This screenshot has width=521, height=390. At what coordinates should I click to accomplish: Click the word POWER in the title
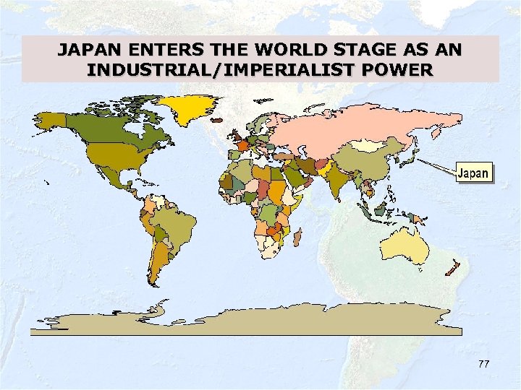click(402, 70)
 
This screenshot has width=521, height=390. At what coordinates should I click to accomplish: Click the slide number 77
click(483, 364)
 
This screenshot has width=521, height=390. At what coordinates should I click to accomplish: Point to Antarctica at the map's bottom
click(246, 321)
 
